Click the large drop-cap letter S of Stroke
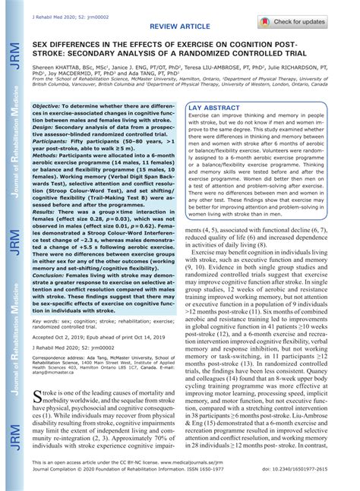[x=38, y=397]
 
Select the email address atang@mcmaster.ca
[x=57, y=373]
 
